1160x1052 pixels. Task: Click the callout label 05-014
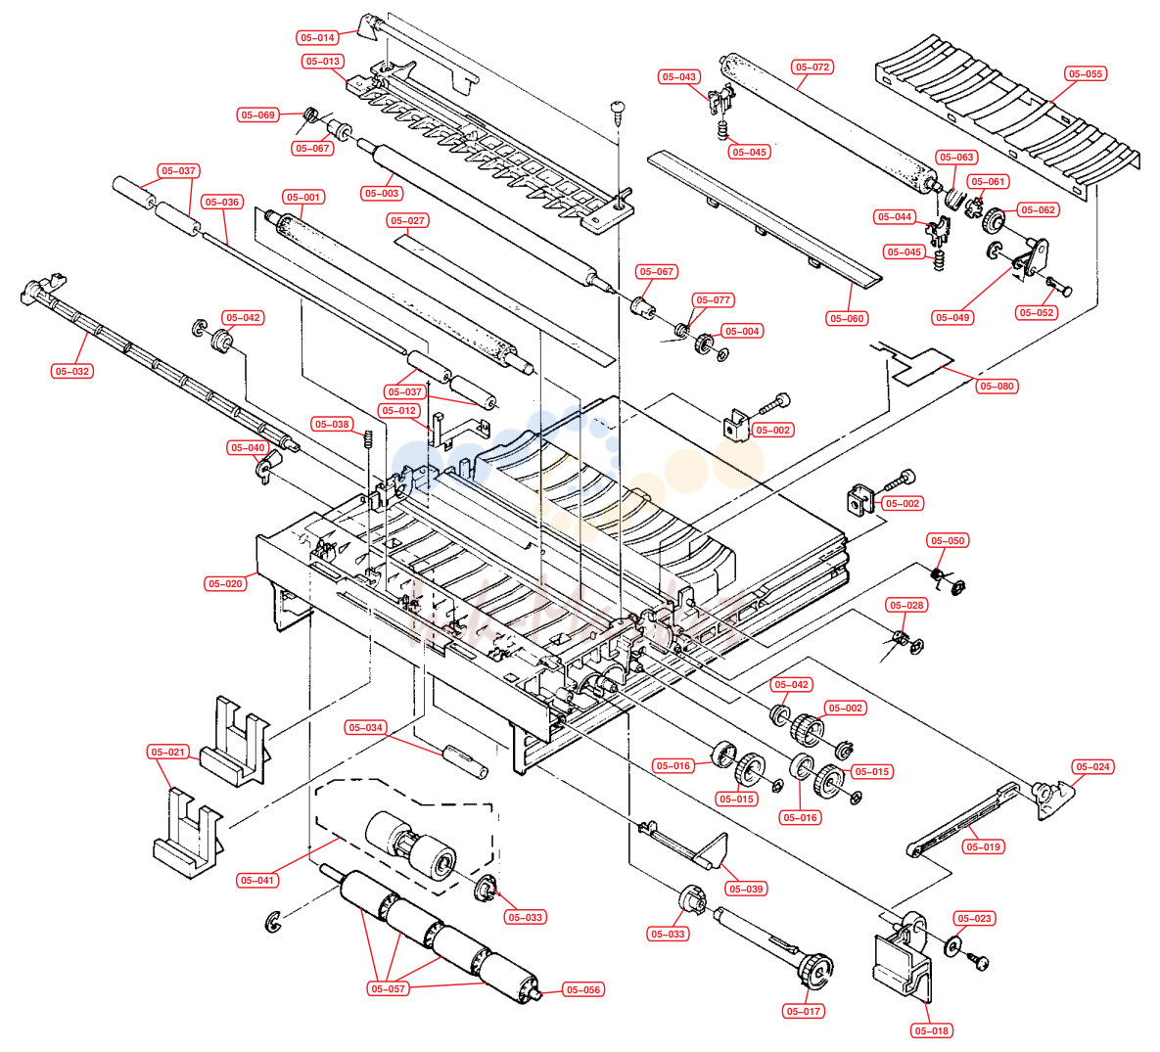pyautogui.click(x=317, y=38)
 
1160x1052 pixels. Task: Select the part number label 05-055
pyautogui.click(x=1086, y=74)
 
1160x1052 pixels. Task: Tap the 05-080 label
pyautogui.click(x=997, y=387)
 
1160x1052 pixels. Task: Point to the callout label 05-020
pyautogui.click(x=225, y=583)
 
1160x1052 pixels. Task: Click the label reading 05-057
pyautogui.click(x=388, y=989)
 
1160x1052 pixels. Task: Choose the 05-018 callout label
pyautogui.click(x=931, y=1030)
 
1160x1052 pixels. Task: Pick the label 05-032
pyautogui.click(x=72, y=372)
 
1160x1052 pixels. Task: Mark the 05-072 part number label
pyautogui.click(x=812, y=68)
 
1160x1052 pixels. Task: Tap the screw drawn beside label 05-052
pyautogui.click(x=1059, y=286)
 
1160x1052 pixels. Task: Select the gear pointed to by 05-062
pyautogui.click(x=994, y=219)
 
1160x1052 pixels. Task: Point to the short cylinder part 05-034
pyautogui.click(x=465, y=761)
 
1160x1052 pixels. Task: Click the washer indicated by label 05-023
pyautogui.click(x=952, y=945)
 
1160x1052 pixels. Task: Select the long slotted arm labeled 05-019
pyautogui.click(x=961, y=821)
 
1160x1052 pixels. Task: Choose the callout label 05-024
pyautogui.click(x=1092, y=767)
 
